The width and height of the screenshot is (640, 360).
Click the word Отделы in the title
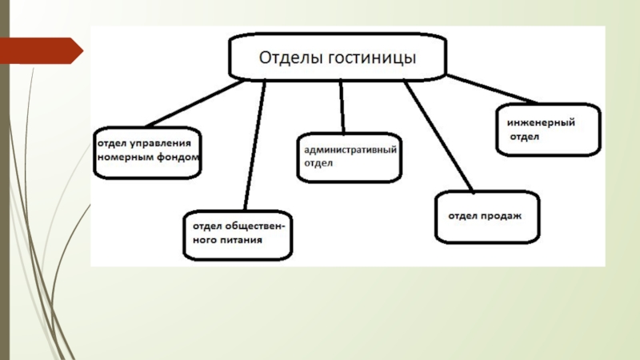[290, 58]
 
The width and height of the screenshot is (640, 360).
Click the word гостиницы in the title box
[372, 58]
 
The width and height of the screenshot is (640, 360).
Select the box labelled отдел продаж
[487, 217]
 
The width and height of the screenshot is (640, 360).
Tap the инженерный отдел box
[548, 130]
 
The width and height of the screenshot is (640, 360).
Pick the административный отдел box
[349, 157]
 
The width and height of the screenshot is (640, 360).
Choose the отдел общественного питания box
[238, 235]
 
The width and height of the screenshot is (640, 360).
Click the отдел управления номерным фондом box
[147, 153]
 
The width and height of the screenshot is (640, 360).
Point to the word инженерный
[541, 122]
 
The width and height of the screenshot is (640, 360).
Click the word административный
[350, 150]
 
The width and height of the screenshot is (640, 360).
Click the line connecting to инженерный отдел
[492, 89]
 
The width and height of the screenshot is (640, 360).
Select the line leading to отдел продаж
[438, 136]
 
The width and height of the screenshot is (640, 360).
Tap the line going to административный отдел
[342, 106]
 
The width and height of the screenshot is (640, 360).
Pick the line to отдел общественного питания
[254, 146]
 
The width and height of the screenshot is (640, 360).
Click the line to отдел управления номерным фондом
[194, 104]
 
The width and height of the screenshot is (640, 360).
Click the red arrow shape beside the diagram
[41, 50]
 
